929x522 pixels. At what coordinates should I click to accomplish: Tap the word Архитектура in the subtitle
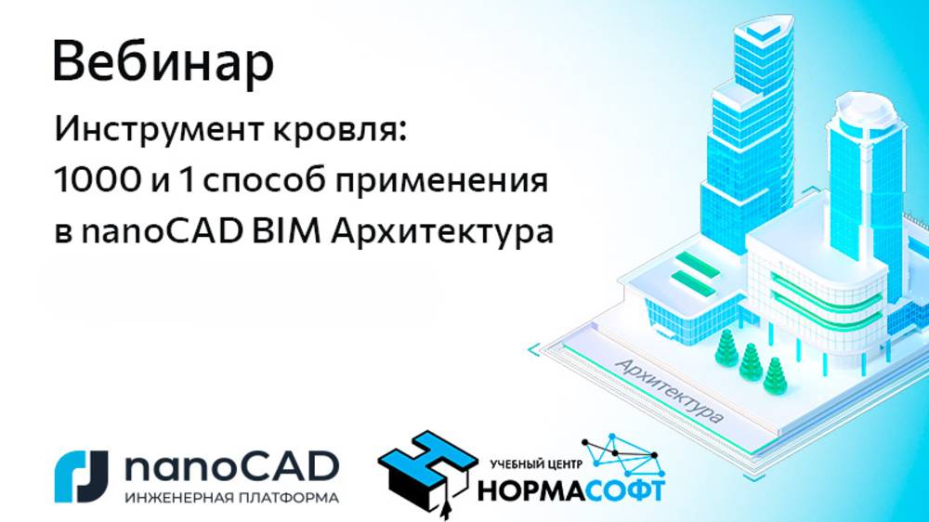pos(440,232)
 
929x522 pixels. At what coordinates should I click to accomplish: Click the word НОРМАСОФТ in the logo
pos(570,489)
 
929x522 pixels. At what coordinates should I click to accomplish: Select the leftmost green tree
pos(726,348)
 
